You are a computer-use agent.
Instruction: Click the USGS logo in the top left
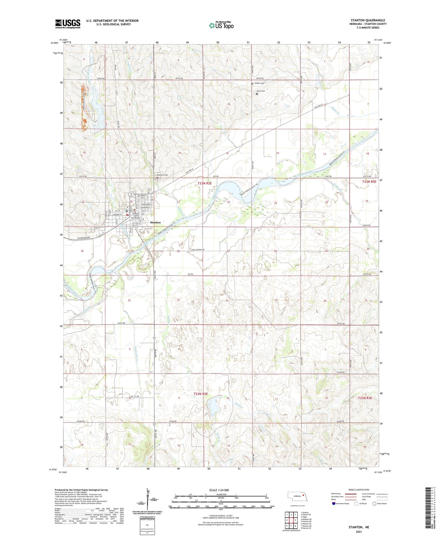tap(67, 24)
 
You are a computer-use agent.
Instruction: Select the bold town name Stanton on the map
tap(155, 222)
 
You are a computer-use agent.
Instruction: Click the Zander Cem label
tap(259, 83)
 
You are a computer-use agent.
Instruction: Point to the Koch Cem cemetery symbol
tap(257, 94)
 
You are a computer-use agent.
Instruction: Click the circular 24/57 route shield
tap(131, 194)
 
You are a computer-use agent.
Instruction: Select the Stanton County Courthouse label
tap(136, 216)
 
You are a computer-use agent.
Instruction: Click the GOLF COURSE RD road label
tap(198, 250)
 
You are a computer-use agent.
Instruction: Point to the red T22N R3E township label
tap(365, 398)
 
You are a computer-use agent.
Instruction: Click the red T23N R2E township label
tap(204, 183)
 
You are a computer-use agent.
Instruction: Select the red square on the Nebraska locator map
tap(303, 496)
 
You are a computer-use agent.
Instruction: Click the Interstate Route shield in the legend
tap(334, 503)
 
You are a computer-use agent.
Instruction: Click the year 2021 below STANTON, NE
tap(358, 532)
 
